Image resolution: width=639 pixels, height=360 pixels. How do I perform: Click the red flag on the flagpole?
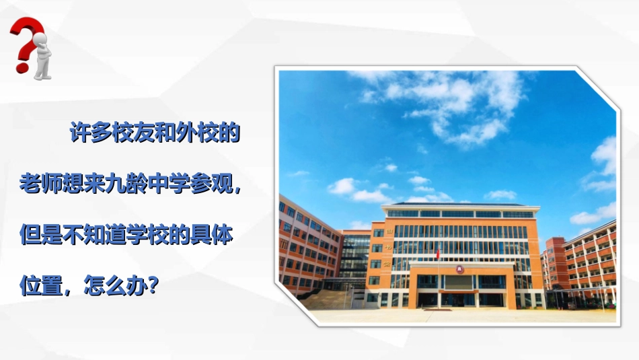(439, 254)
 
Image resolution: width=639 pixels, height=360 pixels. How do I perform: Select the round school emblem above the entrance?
(461, 270)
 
